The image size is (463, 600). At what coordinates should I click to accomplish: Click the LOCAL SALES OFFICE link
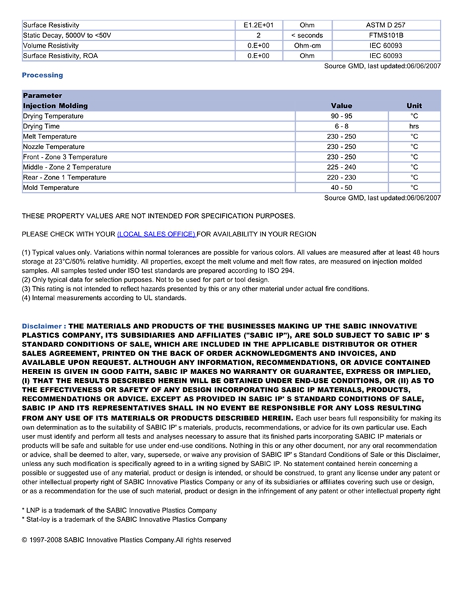click(156, 234)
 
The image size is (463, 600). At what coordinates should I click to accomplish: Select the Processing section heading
click(42, 75)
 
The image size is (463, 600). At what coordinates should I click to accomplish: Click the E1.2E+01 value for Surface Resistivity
click(258, 25)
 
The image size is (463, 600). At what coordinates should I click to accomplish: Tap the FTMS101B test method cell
click(386, 35)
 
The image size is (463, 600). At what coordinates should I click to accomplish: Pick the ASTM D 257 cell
click(386, 25)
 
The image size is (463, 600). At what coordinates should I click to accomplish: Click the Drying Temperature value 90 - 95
click(341, 116)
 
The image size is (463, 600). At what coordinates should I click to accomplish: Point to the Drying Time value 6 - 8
click(341, 126)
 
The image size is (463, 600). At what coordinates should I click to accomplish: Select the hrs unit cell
click(414, 126)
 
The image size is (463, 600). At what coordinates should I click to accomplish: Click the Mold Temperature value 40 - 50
click(341, 187)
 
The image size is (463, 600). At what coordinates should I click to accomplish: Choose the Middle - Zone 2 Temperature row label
click(67, 168)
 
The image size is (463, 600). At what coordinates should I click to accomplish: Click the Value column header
click(341, 106)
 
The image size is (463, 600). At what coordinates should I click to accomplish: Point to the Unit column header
click(414, 106)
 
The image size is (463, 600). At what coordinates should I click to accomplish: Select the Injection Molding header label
click(55, 106)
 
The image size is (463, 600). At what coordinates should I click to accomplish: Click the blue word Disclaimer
click(42, 326)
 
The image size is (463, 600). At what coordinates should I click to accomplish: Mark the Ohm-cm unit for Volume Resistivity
click(307, 46)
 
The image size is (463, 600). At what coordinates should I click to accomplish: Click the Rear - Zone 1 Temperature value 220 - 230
click(341, 177)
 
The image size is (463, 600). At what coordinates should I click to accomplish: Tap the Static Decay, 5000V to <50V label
click(67, 35)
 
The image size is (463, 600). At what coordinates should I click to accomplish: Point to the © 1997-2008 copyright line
click(126, 540)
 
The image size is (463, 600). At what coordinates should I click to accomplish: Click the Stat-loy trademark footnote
click(124, 520)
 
